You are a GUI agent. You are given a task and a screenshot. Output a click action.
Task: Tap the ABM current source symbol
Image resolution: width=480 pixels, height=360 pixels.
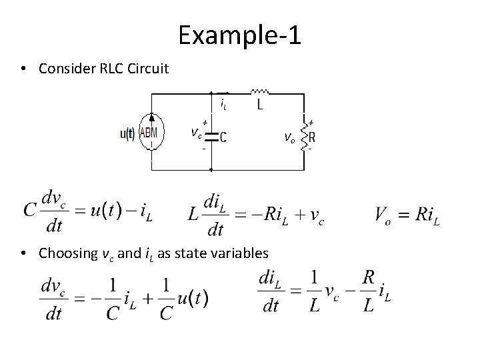click(152, 133)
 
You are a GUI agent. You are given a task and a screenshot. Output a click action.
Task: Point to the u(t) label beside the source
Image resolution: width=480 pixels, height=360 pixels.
click(127, 133)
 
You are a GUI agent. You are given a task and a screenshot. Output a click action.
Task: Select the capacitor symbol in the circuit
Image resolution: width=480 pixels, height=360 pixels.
click(211, 137)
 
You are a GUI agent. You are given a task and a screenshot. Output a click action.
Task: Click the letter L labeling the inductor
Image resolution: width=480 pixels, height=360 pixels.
click(259, 105)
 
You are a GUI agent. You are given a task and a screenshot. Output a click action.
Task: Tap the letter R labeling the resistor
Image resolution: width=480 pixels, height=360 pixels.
click(313, 138)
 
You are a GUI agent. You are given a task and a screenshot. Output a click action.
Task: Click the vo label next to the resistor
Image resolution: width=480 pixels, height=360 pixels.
click(289, 138)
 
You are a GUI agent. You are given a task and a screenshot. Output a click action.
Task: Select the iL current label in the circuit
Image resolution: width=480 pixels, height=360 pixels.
click(223, 103)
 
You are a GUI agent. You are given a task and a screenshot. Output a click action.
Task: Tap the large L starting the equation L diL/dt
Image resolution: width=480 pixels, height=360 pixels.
click(193, 214)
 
